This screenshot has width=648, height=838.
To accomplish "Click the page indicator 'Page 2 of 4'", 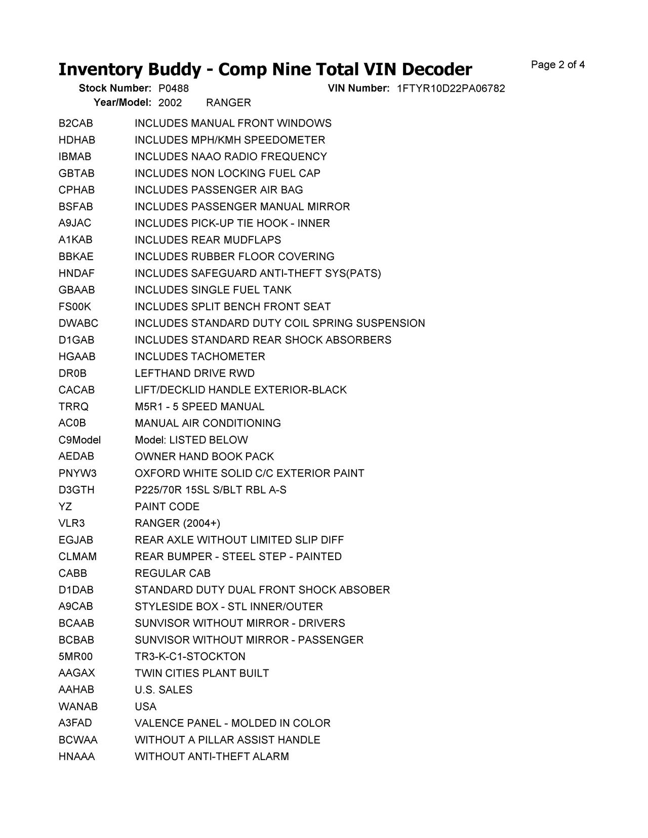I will click(x=558, y=65).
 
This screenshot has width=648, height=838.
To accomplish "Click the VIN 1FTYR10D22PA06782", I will click(x=451, y=89).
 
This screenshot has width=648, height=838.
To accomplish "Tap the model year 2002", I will click(x=170, y=103).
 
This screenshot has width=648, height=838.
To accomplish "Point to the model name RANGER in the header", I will click(x=228, y=103).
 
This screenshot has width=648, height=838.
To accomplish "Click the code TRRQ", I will click(x=73, y=407).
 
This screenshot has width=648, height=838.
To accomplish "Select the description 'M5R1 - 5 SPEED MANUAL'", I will click(x=199, y=407).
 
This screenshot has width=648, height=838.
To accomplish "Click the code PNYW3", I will click(x=77, y=473).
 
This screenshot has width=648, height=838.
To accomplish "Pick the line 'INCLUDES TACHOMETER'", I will click(x=200, y=357).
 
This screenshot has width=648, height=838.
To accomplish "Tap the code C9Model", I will click(x=79, y=440).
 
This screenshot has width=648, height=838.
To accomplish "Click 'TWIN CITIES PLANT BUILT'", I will click(x=201, y=673).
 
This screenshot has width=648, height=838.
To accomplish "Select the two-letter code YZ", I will click(x=65, y=507).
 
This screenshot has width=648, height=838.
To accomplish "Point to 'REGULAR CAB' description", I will click(x=173, y=573).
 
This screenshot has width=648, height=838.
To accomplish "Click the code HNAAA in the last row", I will click(x=76, y=757).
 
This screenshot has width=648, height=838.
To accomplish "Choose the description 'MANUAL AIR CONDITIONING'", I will click(x=208, y=423).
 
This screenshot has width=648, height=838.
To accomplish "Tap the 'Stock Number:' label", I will click(x=115, y=89).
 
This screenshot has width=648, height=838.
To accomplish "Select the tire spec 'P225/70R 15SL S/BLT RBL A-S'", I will click(x=211, y=490).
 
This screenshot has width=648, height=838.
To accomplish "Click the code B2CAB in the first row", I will click(x=76, y=123).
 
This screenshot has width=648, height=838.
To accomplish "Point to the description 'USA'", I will click(x=146, y=706).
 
